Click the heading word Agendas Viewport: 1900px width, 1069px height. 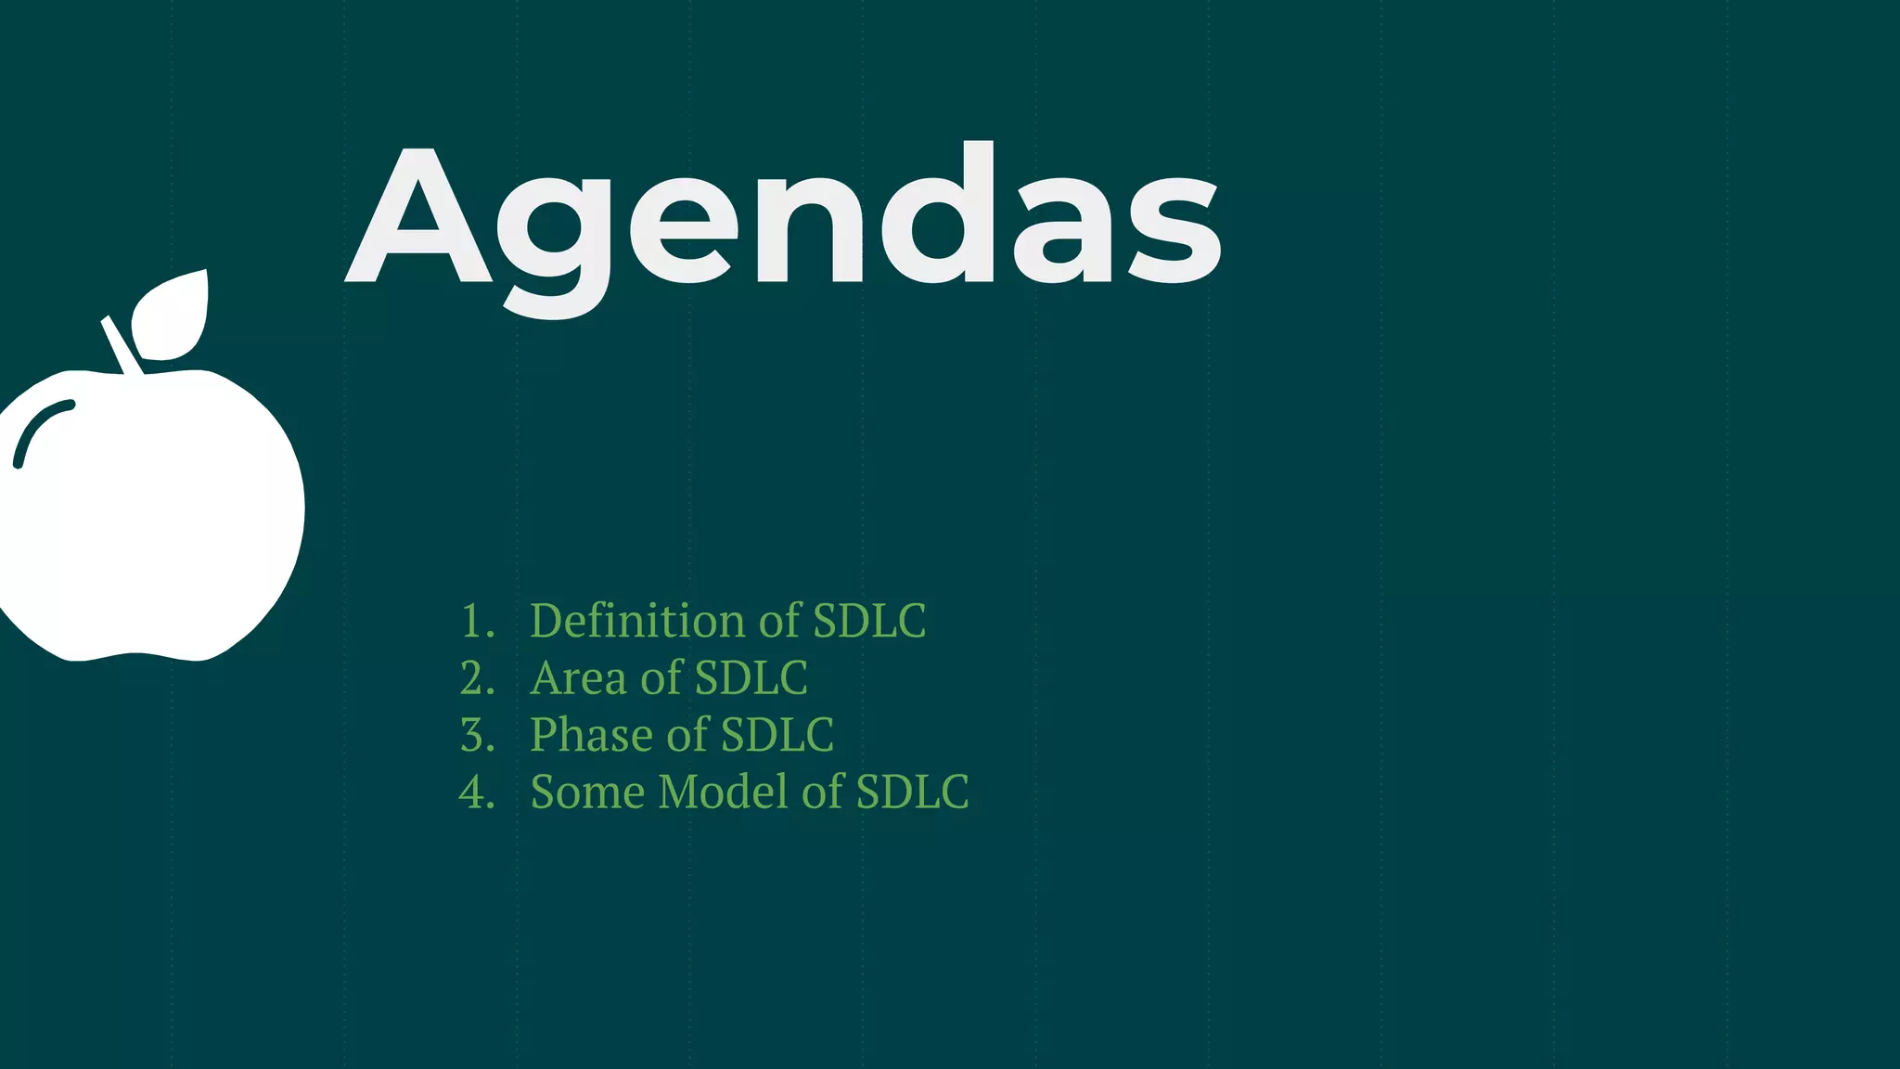click(784, 218)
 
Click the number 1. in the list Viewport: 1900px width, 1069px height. click(477, 621)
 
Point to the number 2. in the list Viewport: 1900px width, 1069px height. click(477, 678)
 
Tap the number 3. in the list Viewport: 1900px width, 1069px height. click(477, 735)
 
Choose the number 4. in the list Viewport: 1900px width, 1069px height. click(477, 792)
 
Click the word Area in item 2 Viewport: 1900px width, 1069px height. click(578, 678)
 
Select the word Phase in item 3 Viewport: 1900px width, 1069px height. click(591, 735)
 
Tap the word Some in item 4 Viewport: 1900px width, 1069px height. click(587, 792)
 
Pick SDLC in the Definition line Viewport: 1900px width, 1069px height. click(869, 621)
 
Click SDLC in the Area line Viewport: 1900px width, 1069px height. click(751, 678)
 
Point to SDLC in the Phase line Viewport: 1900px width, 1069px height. click(777, 735)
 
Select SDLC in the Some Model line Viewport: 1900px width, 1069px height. click(912, 792)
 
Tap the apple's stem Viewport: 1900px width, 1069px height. click(122, 344)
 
